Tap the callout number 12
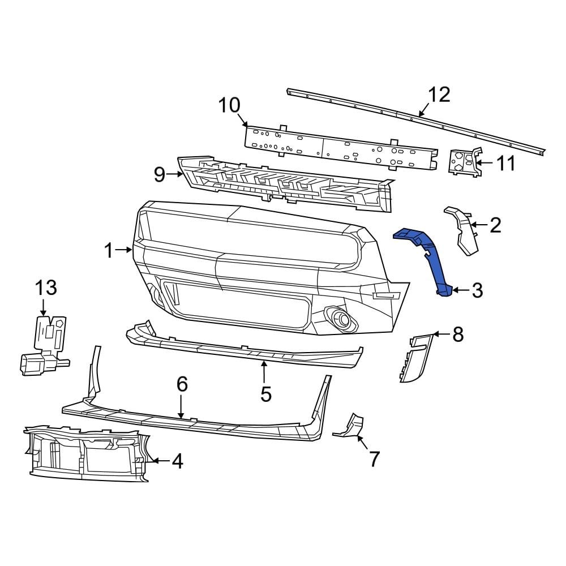[x=439, y=95]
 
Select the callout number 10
[x=229, y=105]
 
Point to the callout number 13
[x=46, y=288]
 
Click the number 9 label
[x=160, y=175]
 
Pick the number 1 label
[x=109, y=250]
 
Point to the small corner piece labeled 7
[x=350, y=427]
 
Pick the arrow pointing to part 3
[x=459, y=290]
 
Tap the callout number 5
[x=266, y=393]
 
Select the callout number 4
[x=177, y=462]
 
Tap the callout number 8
[x=457, y=335]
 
